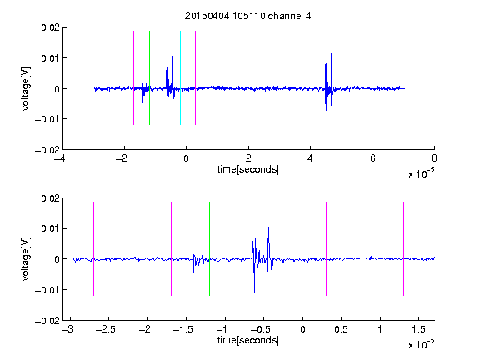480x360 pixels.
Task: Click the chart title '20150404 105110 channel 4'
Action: click(247, 16)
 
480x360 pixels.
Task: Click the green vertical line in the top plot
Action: click(149, 77)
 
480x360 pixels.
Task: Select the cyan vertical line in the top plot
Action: click(180, 77)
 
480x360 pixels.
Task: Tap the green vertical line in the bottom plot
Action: click(209, 248)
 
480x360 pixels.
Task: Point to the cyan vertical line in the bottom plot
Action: click(287, 248)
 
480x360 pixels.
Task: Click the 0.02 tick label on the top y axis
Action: click(50, 27)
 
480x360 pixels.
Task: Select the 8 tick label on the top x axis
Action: click(434, 158)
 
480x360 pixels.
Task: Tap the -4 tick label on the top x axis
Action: click(60, 158)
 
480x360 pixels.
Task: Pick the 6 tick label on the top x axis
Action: click(372, 158)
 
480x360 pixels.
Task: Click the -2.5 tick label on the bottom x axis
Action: click(106, 329)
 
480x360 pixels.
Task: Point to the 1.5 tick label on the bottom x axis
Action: click(418, 329)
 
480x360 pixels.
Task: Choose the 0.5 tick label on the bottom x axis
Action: click(341, 329)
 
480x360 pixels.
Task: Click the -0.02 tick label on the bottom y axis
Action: click(47, 321)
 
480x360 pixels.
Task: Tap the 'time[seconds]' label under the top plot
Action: click(248, 169)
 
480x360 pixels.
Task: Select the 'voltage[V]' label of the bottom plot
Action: click(27, 258)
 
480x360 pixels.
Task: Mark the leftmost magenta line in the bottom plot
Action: click(93, 248)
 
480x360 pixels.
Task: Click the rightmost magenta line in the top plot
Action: click(227, 77)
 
